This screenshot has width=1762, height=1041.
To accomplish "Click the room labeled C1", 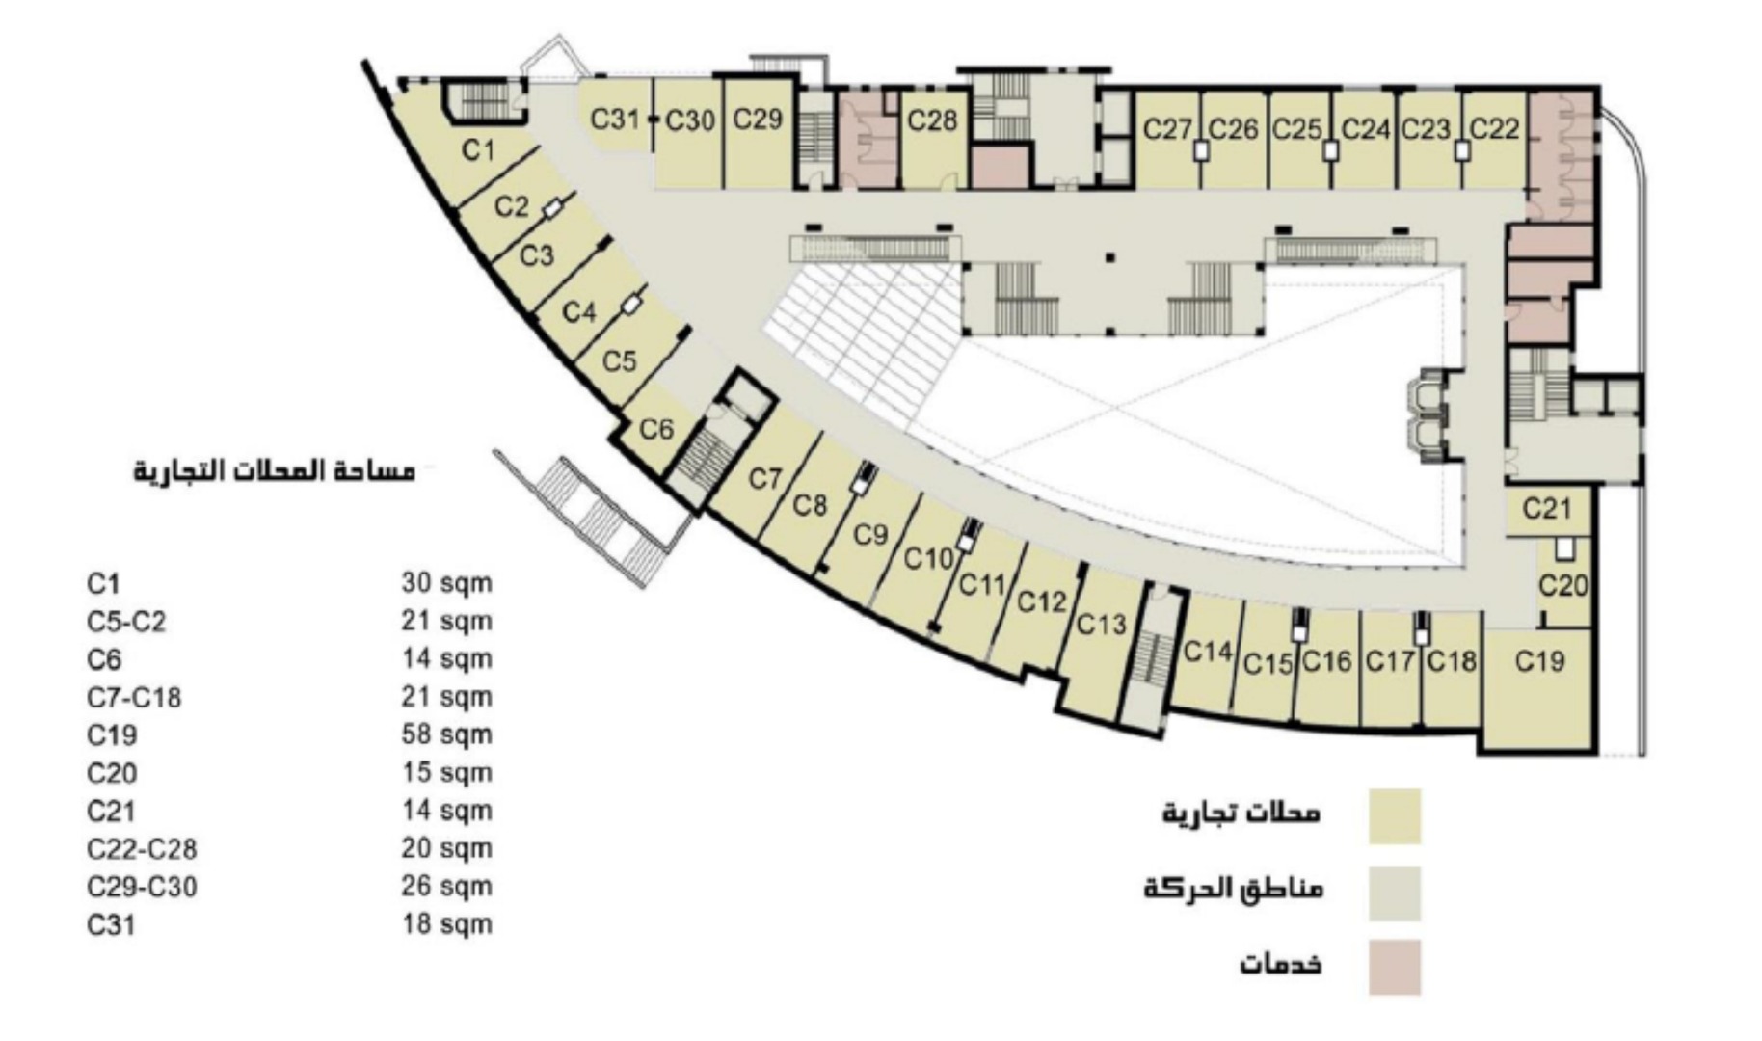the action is pos(478,150).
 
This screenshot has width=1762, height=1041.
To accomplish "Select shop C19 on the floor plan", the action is pos(1539,661).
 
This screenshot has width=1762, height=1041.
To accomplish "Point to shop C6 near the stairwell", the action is pos(656,428).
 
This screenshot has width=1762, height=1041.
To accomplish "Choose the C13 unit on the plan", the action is pos(1101,625).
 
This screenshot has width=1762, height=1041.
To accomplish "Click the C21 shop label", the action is pos(1547,508).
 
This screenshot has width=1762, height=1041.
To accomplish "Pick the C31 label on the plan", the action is pos(615,120).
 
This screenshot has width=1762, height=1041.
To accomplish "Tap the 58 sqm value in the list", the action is pos(446,734).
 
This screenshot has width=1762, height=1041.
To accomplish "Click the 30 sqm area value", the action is pos(446,583).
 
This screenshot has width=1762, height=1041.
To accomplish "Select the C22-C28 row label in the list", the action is pos(142,848).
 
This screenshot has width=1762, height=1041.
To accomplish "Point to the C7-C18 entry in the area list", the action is pos(134,697).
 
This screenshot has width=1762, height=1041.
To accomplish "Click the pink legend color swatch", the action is pos(1394,967).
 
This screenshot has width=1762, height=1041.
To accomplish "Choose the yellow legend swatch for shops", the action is pos(1394,816).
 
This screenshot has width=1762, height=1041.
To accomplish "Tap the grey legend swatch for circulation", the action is pos(1394,893).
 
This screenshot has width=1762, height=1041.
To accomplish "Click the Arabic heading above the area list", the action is pos(275,471).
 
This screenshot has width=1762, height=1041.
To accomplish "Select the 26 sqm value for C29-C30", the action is pos(446,886).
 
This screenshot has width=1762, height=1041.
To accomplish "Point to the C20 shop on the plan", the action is pos(1562,585).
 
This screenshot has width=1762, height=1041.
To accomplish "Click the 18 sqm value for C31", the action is pos(446,924).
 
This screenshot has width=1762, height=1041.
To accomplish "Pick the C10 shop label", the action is pos(928,558).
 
